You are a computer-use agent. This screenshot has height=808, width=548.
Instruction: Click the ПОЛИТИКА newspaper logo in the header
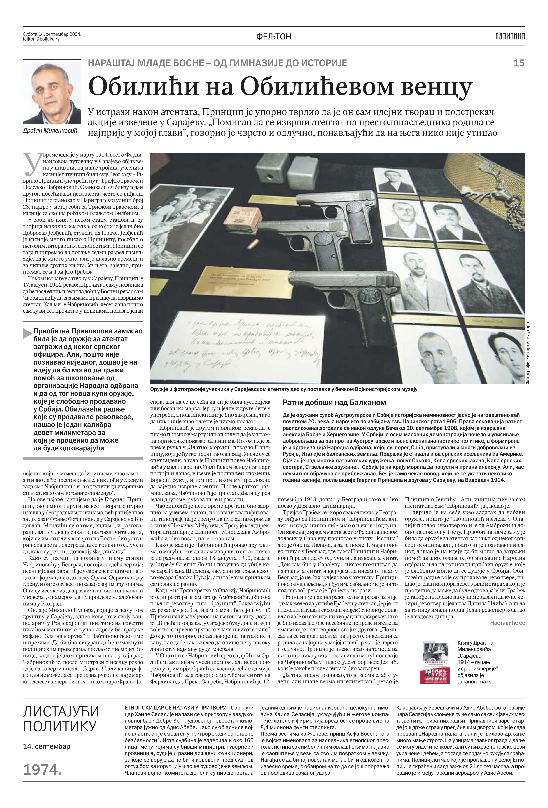pos(510,36)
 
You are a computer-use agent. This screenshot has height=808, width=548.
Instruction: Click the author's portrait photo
pos(51,93)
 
